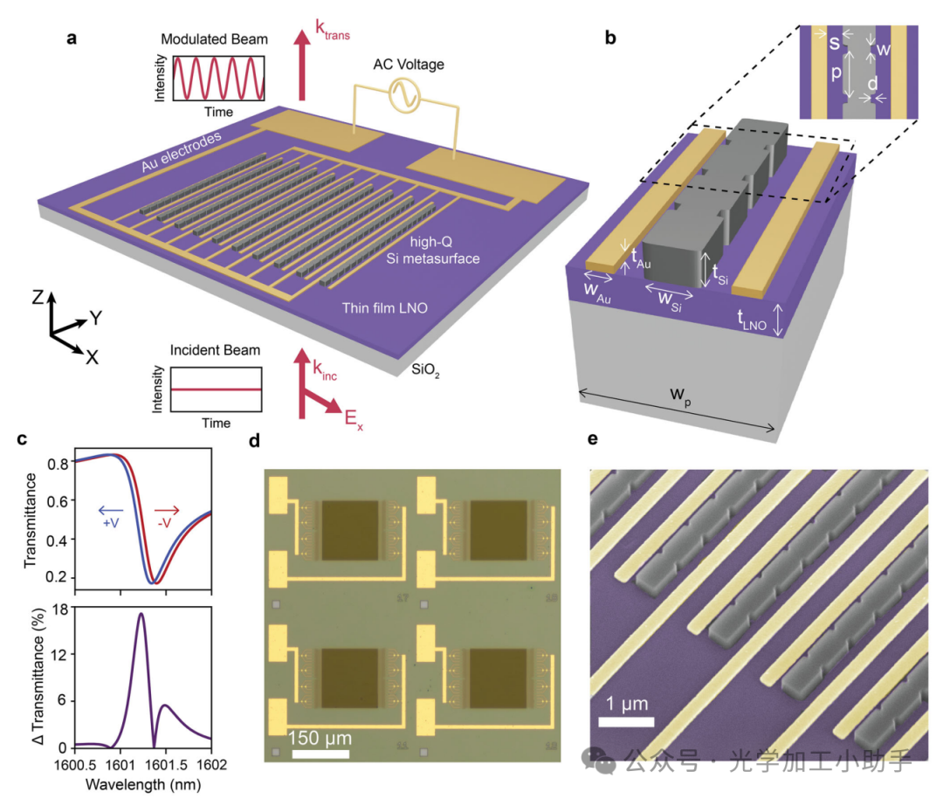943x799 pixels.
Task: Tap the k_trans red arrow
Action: coord(303,65)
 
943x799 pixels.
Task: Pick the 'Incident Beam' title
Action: coord(216,351)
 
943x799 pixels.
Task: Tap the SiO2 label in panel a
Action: coord(424,371)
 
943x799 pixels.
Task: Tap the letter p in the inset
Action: coord(836,74)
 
